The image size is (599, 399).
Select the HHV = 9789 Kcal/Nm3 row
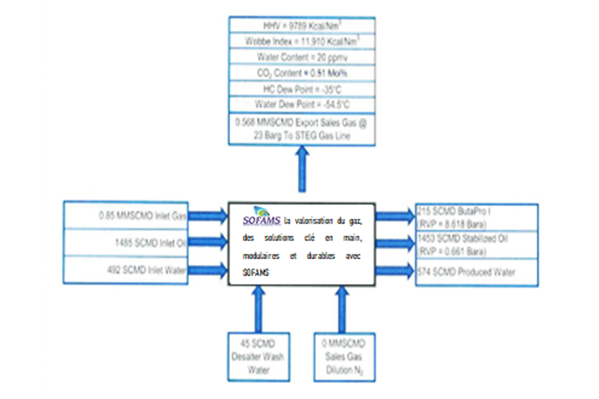click(302, 25)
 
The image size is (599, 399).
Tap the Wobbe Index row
click(302, 41)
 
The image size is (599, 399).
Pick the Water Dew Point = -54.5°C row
click(302, 105)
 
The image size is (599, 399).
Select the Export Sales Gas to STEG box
click(302, 129)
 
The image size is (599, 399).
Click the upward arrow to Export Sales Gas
click(302, 170)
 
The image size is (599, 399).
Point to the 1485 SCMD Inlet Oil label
click(150, 243)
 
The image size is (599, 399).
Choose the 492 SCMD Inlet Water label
click(147, 270)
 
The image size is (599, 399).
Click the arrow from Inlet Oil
click(207, 243)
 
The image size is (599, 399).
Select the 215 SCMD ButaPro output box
click(477, 216)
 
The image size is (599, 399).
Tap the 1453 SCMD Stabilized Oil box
click(477, 243)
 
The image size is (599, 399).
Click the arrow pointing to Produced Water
click(394, 272)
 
